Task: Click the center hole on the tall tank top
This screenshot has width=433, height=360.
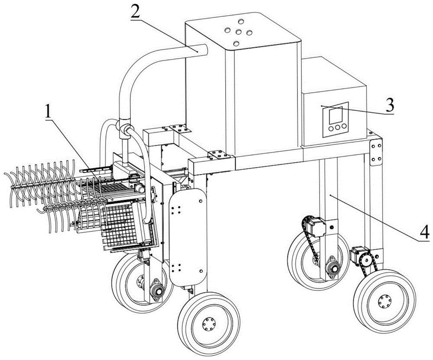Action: pyautogui.click(x=237, y=32)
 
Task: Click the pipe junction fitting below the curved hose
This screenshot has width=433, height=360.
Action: pyautogui.click(x=124, y=129)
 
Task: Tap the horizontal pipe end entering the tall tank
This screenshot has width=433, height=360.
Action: pyautogui.click(x=199, y=51)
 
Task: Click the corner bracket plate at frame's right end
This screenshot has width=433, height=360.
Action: pyautogui.click(x=376, y=152)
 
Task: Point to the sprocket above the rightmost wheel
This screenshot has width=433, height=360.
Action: pyautogui.click(x=366, y=259)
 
